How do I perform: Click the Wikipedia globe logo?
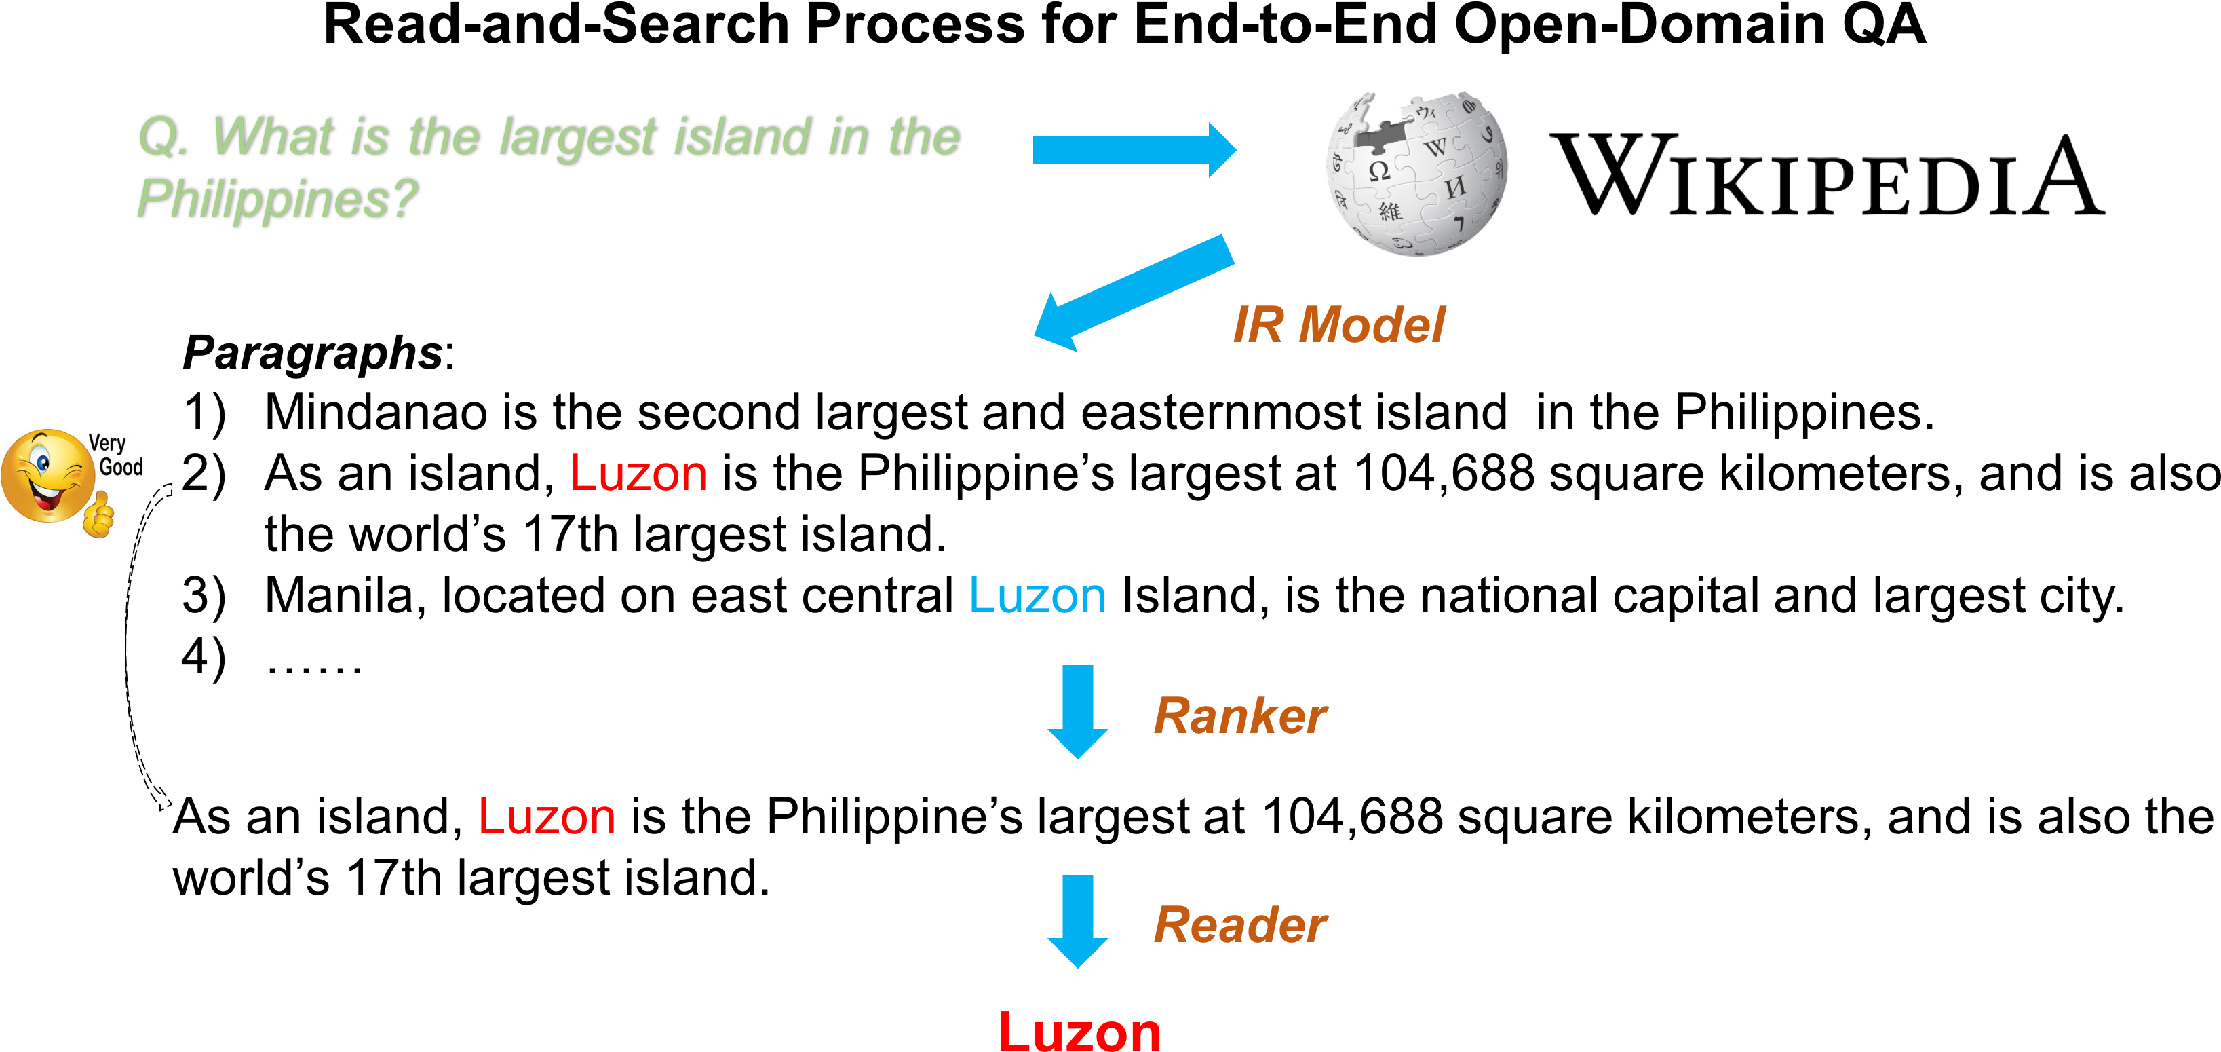coord(1416,172)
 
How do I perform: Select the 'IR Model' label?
coord(1338,325)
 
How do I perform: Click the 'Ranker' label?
coord(1240,716)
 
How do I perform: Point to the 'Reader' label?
coord(1240,925)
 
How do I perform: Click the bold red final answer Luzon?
coord(1079,1030)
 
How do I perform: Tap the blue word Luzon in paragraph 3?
coord(1037,596)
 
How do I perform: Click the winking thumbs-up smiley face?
coord(58,481)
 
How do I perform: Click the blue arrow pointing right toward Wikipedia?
coord(1134,150)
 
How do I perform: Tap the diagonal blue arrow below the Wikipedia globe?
coord(1134,293)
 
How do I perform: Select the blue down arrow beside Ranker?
coord(1078,711)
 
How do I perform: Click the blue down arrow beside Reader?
coord(1078,922)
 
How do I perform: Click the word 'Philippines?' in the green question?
coord(277,198)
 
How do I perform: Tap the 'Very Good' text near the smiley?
coord(115,455)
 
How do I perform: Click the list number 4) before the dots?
coord(204,658)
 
